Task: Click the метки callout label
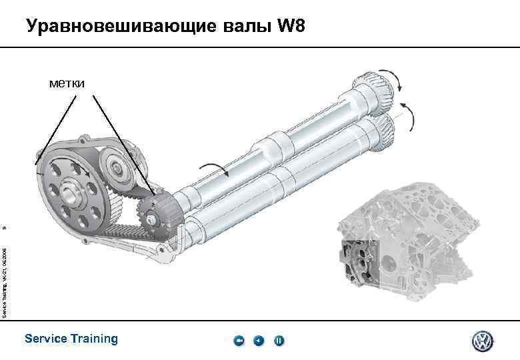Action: click(x=71, y=83)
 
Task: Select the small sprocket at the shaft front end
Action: click(x=152, y=213)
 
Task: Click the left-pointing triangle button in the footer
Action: click(x=259, y=341)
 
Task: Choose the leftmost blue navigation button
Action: click(x=239, y=341)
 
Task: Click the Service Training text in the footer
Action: click(x=71, y=339)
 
